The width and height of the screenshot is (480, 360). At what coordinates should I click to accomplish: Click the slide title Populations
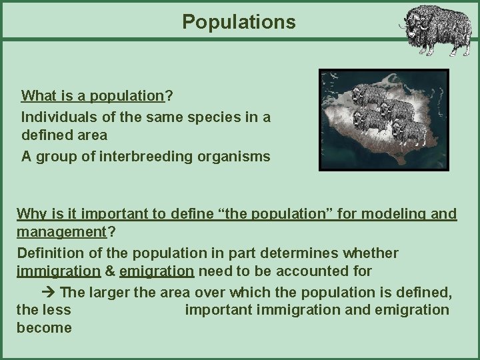pos(239,22)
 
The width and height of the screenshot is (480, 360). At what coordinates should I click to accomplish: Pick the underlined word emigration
pos(157,271)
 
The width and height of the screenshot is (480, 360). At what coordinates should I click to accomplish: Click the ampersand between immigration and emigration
pos(110,271)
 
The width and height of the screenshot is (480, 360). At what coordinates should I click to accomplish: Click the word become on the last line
pos(45,328)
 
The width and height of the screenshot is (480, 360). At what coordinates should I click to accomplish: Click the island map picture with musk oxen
pos(383,120)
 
